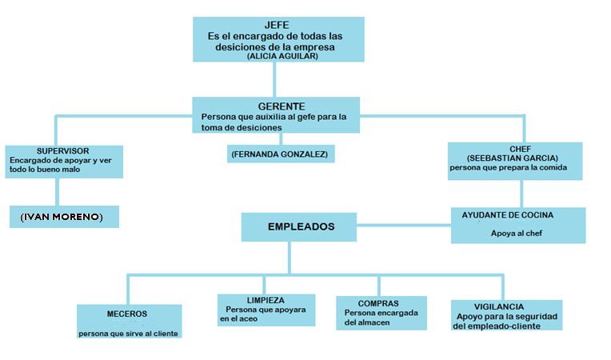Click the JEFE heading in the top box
[x=277, y=26]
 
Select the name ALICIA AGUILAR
[x=282, y=57]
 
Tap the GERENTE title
[x=282, y=106]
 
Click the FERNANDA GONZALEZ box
[x=281, y=154]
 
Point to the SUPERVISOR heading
[x=62, y=151]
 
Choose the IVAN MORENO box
[x=64, y=217]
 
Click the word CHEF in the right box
[x=520, y=150]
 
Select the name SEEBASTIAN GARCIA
[x=513, y=158]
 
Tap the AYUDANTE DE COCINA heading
[x=508, y=215]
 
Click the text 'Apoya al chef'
[x=517, y=234]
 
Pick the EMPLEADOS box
[x=299, y=226]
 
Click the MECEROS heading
[x=127, y=314]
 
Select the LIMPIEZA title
[x=266, y=300]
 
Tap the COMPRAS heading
[x=378, y=303]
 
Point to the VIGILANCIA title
[x=499, y=307]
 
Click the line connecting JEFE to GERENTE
[x=275, y=79]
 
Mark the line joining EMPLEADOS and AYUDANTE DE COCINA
[x=404, y=225]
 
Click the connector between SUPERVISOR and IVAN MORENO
[x=58, y=192]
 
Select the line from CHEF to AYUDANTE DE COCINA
[x=521, y=194]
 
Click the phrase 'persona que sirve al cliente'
[x=128, y=334]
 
